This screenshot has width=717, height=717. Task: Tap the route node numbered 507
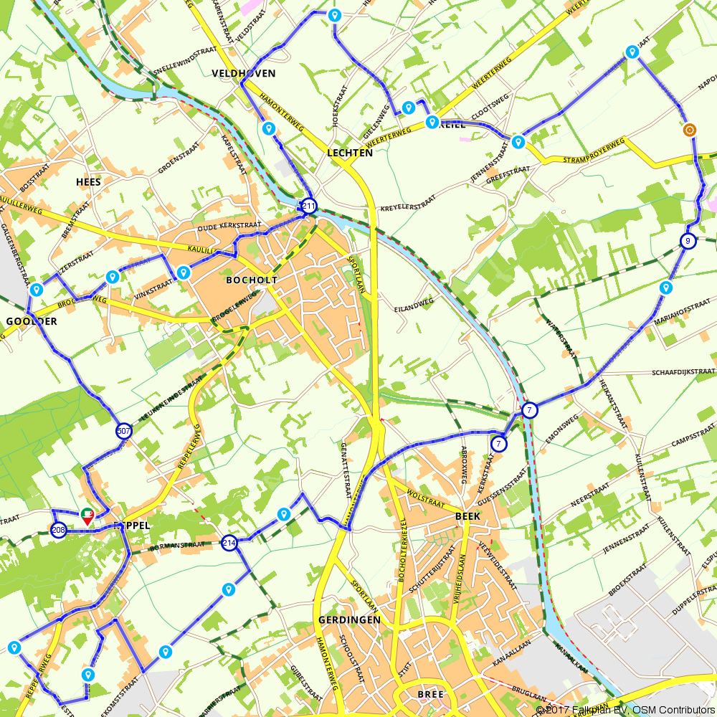[124, 431]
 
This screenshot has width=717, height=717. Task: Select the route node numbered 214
[229, 542]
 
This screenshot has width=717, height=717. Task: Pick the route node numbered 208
[59, 530]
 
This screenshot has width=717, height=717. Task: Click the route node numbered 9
[687, 241]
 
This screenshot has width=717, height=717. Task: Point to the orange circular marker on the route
[689, 130]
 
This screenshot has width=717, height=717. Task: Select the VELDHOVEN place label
[244, 74]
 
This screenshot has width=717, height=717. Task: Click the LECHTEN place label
[349, 153]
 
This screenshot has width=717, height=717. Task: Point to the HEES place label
[88, 182]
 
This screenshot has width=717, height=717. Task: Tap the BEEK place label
[467, 516]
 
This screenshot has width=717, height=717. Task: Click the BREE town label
[430, 694]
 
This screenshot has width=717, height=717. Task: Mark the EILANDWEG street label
[414, 305]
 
